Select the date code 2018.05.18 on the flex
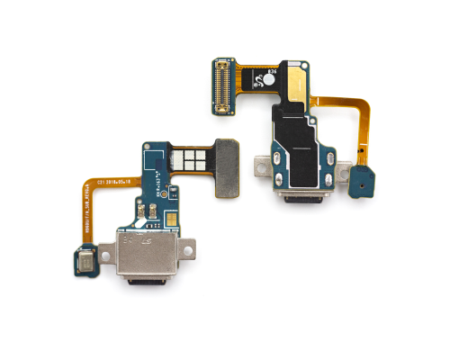tap(122, 180)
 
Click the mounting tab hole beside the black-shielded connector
tap(258, 167)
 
